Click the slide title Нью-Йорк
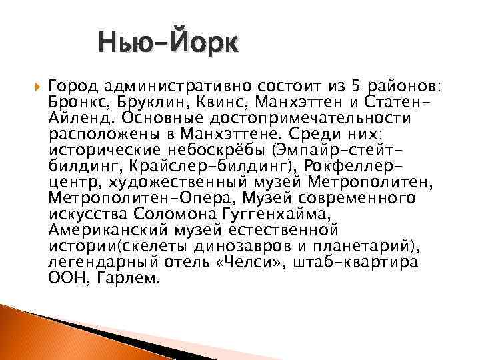[166, 45]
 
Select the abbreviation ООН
[65, 278]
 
